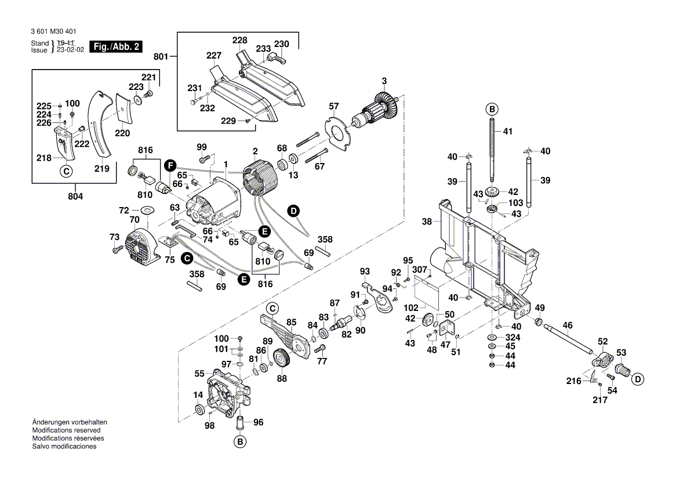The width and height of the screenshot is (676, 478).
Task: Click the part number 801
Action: tap(161, 57)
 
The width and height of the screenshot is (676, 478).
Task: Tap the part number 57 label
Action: tap(334, 107)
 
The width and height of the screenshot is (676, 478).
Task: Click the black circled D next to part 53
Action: tap(638, 379)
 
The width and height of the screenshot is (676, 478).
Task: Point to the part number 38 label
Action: tap(427, 222)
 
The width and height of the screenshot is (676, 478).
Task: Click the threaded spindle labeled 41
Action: tap(492, 145)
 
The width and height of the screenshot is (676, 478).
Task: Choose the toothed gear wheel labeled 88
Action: tap(283, 360)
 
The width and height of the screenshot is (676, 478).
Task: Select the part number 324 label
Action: tap(513, 337)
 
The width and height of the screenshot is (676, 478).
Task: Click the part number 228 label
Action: tap(239, 41)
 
